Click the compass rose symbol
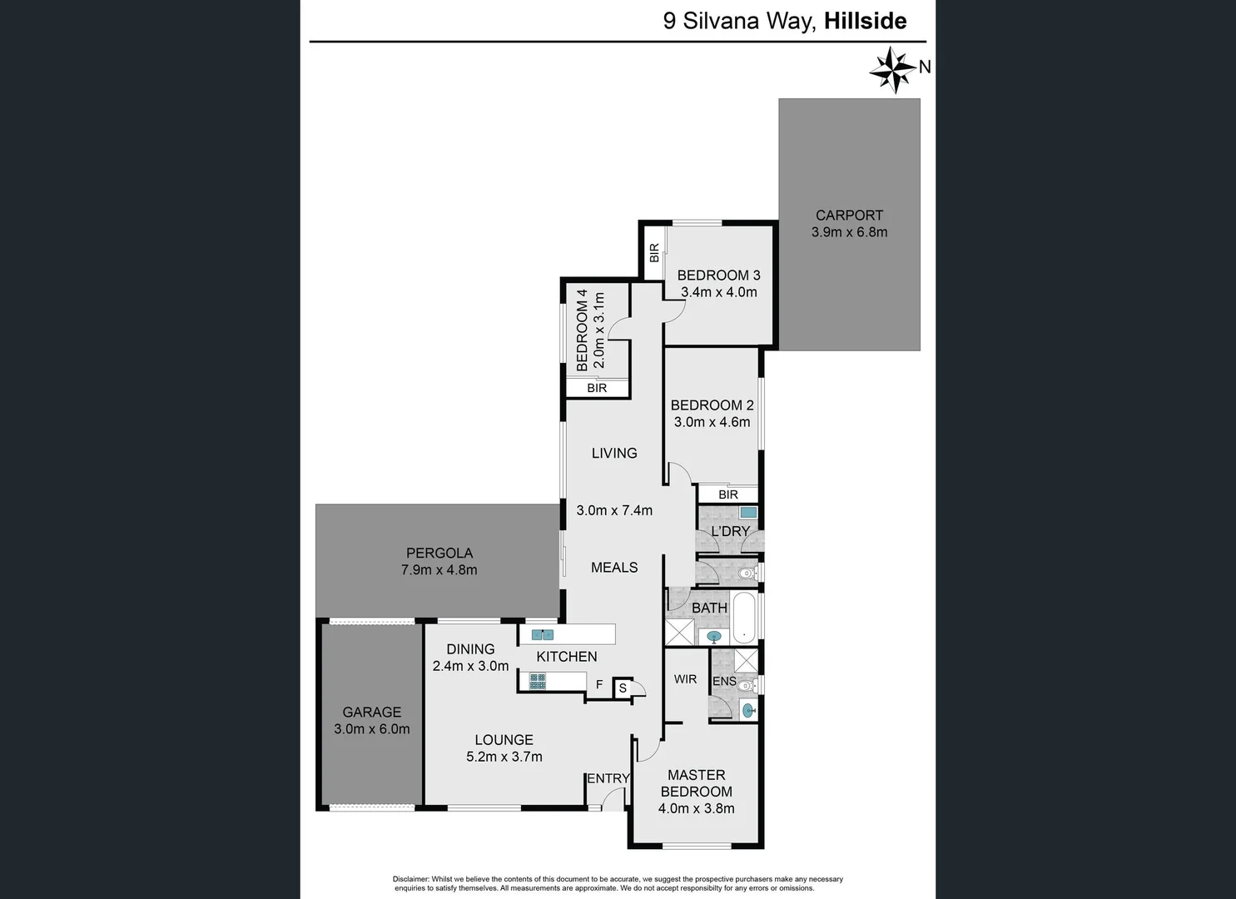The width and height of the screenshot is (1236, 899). coord(892,70)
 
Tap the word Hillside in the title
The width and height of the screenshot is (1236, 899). coord(865,21)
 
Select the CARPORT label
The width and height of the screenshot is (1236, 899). coord(849,215)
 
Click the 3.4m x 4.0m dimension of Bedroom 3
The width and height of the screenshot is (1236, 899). coord(718,292)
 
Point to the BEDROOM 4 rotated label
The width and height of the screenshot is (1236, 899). coord(583,330)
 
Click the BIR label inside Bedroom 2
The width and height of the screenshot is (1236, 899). coord(727,494)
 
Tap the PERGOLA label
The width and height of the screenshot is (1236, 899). coord(439,553)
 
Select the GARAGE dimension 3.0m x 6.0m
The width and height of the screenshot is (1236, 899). coord(371,729)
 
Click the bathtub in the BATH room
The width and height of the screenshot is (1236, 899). coord(745,618)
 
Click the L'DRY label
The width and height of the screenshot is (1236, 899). coord(730,531)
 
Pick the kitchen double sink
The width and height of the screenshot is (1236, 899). coord(543,634)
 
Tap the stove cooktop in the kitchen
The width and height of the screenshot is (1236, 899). coord(538,681)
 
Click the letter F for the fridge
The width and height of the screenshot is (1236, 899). coord(599,686)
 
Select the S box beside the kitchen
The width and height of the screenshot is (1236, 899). coord(623,688)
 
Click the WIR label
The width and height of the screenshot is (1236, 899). coord(685,679)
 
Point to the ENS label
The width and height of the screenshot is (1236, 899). coord(723,681)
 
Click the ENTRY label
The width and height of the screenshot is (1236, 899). coord(608,778)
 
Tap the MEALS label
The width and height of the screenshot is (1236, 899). coord(614,567)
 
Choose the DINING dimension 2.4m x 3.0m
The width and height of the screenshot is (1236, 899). coord(470,666)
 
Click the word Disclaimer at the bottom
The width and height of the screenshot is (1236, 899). coord(410,879)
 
